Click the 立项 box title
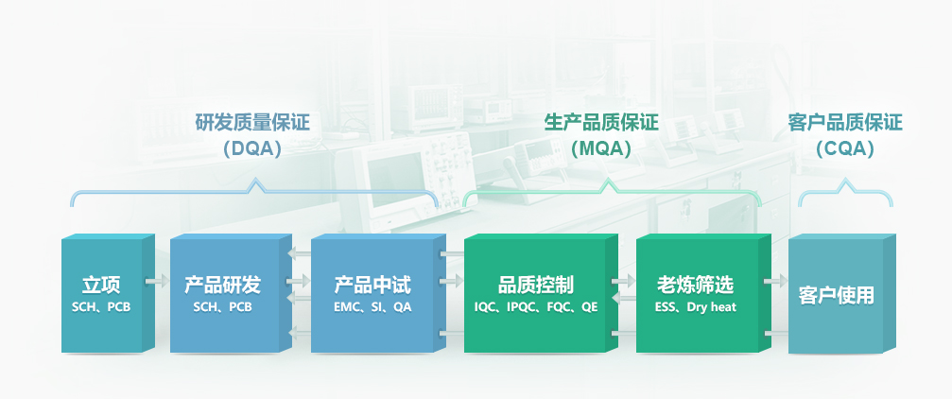[101, 285]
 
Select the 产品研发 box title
[222, 285]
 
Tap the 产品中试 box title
[372, 285]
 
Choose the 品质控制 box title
[535, 285]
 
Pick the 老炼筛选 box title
[695, 285]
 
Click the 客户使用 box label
[837, 296]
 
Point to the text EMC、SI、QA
[372, 307]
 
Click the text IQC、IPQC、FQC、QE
[535, 307]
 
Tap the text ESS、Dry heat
[695, 307]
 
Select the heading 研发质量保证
[252, 123]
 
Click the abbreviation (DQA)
[252, 148]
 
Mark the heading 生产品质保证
[601, 123]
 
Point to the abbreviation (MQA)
[601, 148]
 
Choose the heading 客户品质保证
[845, 123]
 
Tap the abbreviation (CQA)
[845, 148]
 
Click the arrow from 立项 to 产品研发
[157, 282]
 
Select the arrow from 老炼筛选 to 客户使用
[776, 282]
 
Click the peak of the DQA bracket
[256, 180]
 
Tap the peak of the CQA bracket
[845, 180]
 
